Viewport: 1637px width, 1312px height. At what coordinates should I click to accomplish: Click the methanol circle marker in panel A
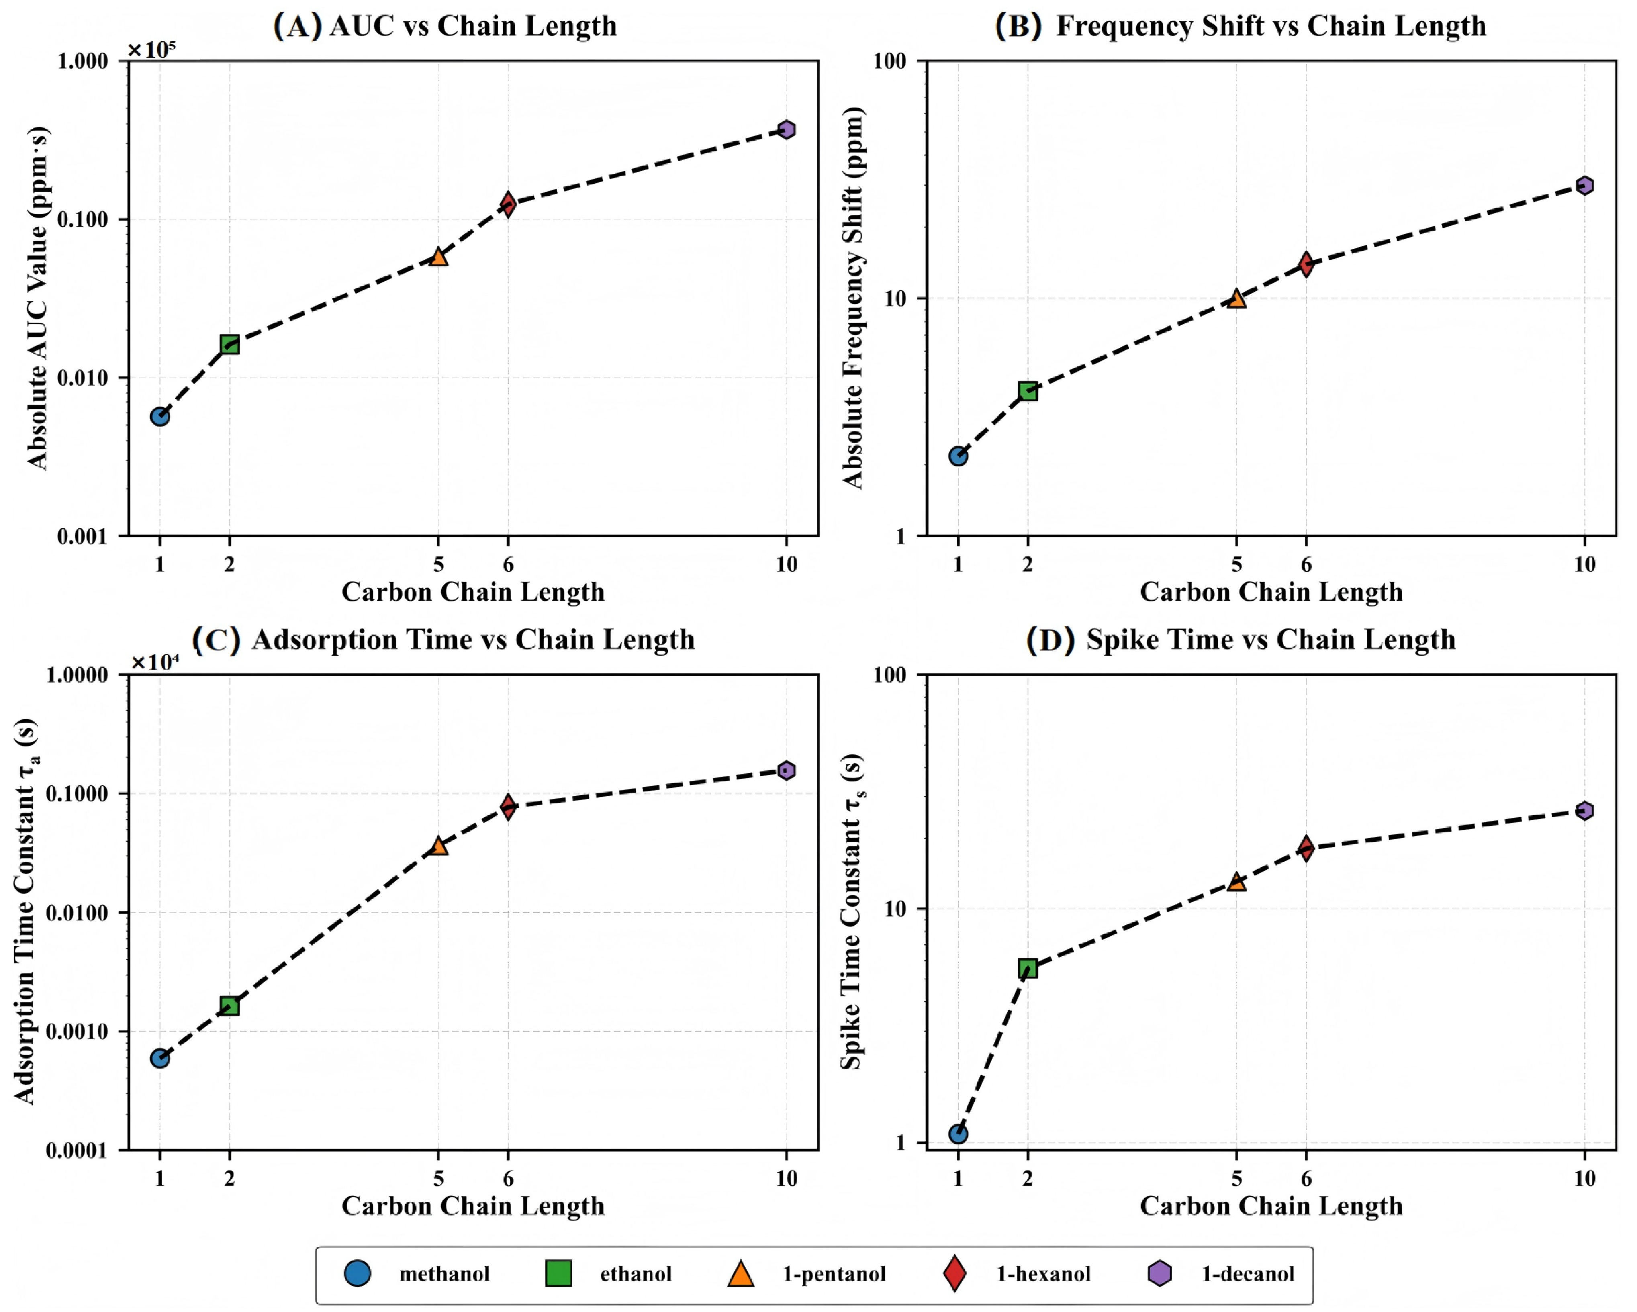(x=159, y=416)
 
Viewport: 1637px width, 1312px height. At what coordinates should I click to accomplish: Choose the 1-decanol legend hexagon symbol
(x=1159, y=1273)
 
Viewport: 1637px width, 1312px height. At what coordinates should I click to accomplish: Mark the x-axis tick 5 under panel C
(x=438, y=1178)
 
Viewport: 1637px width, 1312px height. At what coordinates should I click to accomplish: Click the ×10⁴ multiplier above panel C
(x=155, y=663)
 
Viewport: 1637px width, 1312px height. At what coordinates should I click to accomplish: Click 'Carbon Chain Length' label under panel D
(x=1270, y=1206)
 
